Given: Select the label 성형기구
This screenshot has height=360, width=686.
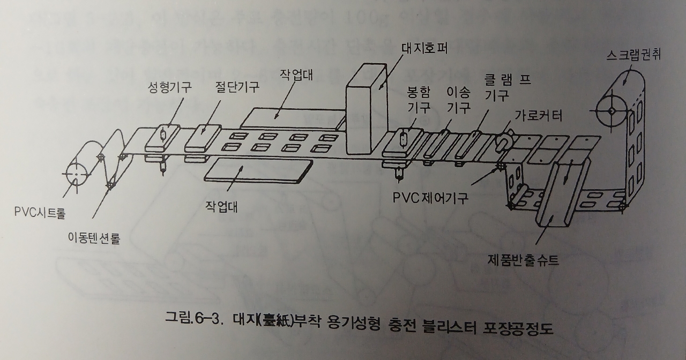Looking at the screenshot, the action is pyautogui.click(x=170, y=87).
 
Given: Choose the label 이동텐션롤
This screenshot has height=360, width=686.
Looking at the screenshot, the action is pyautogui.click(x=93, y=238).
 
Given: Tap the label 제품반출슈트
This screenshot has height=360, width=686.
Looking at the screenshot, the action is pyautogui.click(x=523, y=260).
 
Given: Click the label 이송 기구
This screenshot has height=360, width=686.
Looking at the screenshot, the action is pyautogui.click(x=459, y=99).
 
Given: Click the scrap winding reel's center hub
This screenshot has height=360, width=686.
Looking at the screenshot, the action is pyautogui.click(x=610, y=110).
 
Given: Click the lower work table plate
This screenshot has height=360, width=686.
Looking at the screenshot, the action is pyautogui.click(x=258, y=170).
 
